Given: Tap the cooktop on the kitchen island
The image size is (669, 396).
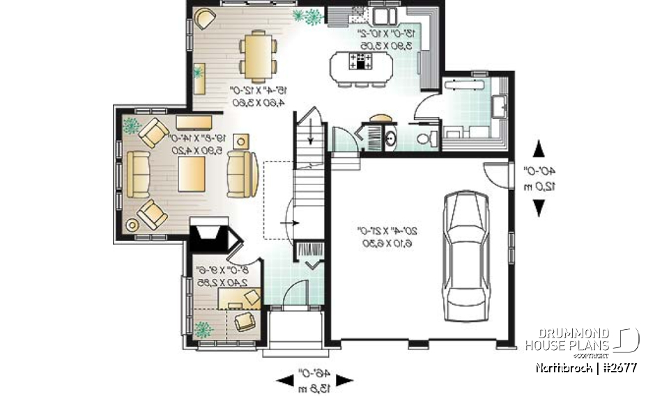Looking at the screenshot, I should point(362,62).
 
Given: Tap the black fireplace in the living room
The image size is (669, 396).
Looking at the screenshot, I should point(212,235).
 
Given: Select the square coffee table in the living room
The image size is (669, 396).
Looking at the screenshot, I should point(190,173).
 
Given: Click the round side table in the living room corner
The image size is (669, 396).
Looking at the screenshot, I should point(132,224).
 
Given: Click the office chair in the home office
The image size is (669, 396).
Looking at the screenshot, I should point(245,321).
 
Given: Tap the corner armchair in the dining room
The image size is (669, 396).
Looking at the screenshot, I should point(205,18).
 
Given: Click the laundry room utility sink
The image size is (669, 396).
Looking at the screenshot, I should point(500,106).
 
